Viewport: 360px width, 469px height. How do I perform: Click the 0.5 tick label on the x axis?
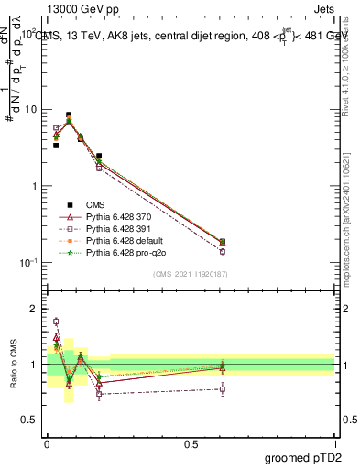point(191,442)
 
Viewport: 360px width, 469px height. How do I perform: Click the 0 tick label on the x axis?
point(47,442)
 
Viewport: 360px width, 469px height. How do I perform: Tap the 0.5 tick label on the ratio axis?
point(30,420)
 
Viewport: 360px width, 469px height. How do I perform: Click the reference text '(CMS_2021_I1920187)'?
point(190,274)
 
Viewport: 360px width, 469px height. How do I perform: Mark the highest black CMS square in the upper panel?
point(69,115)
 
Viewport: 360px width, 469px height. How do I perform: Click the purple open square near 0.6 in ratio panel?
point(223,388)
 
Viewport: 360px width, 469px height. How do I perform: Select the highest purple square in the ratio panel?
point(56,322)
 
